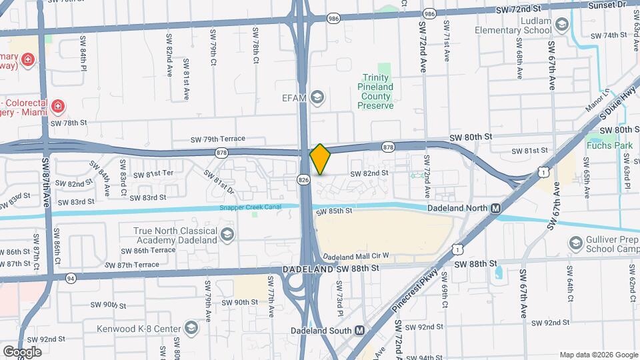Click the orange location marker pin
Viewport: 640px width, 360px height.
point(321,159)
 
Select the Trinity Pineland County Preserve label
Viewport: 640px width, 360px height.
point(377,91)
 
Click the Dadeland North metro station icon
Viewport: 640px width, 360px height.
point(495,208)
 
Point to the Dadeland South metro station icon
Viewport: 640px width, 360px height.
point(359,330)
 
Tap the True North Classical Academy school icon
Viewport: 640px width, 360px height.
point(227,234)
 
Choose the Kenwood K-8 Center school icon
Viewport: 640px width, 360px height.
point(191,329)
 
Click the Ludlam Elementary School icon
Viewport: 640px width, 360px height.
point(561,25)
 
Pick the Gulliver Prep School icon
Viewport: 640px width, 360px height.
point(577,243)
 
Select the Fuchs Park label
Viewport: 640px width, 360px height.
point(605,145)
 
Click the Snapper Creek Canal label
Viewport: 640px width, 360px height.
point(251,207)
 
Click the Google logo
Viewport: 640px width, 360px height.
point(22,351)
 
